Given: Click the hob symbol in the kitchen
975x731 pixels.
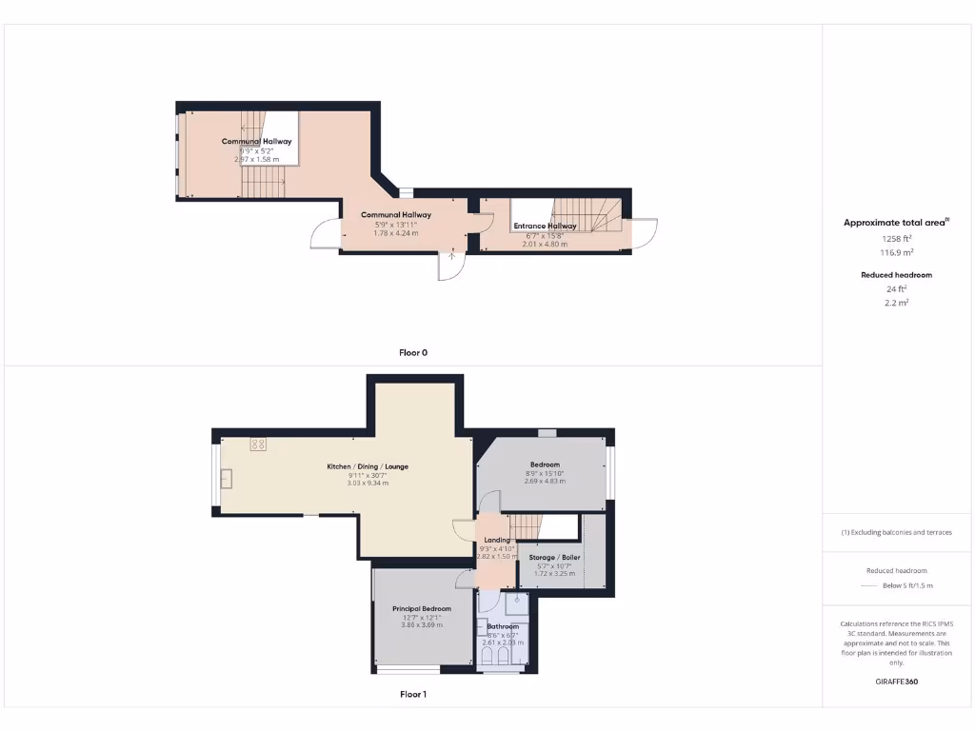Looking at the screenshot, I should pos(258,444).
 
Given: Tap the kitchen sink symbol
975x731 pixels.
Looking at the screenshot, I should pos(226,479).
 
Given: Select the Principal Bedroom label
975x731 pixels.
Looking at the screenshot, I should pos(421,608).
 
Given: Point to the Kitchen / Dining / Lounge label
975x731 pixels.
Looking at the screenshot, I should pos(368,466).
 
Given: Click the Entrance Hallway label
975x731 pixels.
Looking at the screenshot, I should pos(545,226).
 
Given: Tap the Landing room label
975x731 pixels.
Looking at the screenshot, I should pos(497,540).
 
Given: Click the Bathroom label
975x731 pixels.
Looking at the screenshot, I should pos(503,626).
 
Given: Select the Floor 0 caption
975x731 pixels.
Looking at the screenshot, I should pos(413,352).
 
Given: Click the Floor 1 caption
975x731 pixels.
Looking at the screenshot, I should pos(413,694).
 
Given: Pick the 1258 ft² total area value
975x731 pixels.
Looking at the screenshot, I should pos(896,239).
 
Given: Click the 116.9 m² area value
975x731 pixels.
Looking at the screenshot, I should pos(896,252).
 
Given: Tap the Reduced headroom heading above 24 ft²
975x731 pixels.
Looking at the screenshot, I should pos(896,275).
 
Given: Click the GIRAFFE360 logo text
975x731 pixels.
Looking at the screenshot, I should pos(896,682).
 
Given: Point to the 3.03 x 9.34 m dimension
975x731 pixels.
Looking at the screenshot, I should pos(368,483).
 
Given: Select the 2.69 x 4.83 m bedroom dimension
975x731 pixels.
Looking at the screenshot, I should pos(545,481).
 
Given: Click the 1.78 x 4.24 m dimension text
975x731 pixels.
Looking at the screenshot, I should pos(395,232).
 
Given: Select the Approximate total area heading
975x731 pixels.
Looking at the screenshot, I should pos(895,223).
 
